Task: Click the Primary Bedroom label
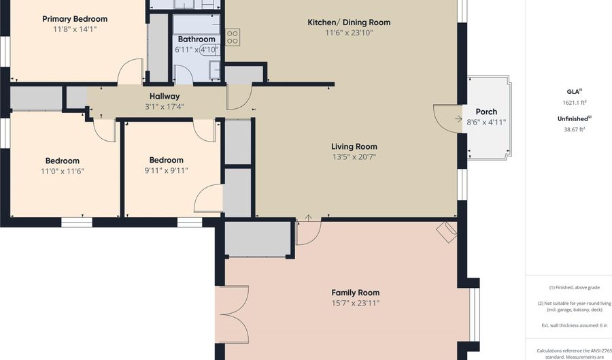[x=75, y=19]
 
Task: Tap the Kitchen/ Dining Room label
[x=349, y=22]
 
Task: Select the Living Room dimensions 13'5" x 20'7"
[x=354, y=157]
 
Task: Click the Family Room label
[x=355, y=293]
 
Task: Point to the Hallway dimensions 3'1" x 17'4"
[x=165, y=107]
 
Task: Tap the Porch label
[x=486, y=112]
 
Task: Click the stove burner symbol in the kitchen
[x=233, y=37]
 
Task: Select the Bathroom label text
[x=197, y=39]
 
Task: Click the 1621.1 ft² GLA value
[x=574, y=103]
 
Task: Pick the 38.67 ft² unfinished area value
[x=574, y=129]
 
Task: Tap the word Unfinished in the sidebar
[x=573, y=118]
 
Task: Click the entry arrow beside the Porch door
[x=458, y=118]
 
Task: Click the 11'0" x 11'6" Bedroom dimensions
[x=63, y=171]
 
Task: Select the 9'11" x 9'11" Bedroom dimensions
[x=167, y=170]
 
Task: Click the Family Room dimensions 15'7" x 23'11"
[x=355, y=303]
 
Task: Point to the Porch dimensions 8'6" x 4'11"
[x=486, y=122]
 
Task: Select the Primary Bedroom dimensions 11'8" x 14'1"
[x=75, y=29]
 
